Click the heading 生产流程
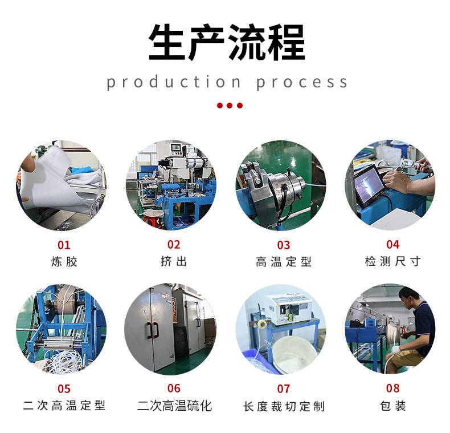tap(227, 42)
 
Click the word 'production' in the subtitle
tap(174, 82)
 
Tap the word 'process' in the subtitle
tap(302, 83)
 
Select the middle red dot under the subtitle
tap(230, 106)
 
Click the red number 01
tap(64, 245)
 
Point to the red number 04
tap(392, 244)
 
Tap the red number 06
tap(174, 388)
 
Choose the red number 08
tap(392, 388)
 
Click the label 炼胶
tap(64, 262)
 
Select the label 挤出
tap(174, 261)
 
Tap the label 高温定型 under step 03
tap(284, 262)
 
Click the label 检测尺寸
tap(392, 261)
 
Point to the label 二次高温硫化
tap(174, 406)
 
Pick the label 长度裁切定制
tap(284, 406)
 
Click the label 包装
tap(392, 406)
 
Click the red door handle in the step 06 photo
tap(152, 330)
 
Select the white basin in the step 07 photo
tap(293, 354)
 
